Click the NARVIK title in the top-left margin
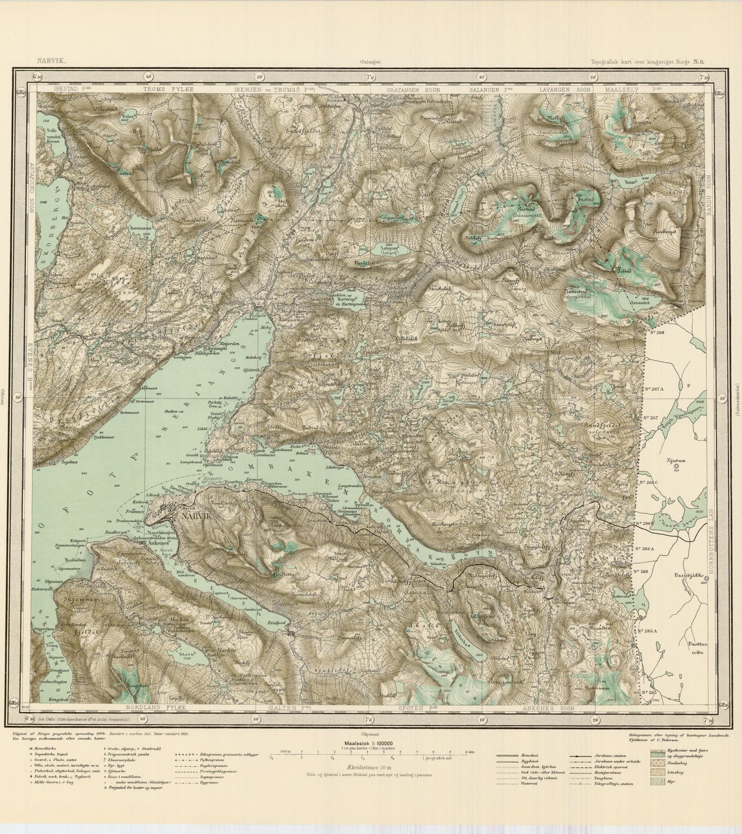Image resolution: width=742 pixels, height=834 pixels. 48,61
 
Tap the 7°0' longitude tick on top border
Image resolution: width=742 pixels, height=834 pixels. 370,77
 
